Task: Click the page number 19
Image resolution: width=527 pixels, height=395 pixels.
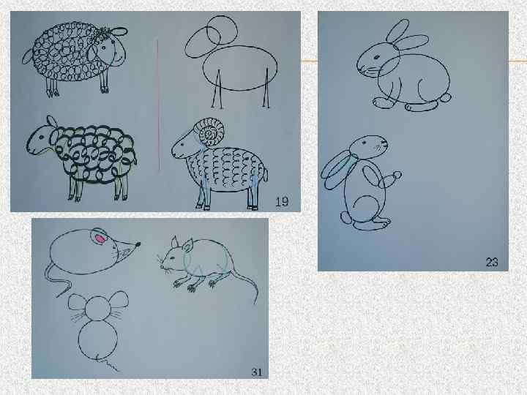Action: (282, 202)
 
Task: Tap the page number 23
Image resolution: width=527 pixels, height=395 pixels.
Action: (492, 262)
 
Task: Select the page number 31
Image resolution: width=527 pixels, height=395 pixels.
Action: (256, 372)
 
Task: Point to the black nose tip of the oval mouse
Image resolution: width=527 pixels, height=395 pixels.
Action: (138, 244)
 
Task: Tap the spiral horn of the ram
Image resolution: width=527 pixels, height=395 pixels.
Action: (212, 132)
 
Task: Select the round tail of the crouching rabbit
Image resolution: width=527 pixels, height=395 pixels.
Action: (445, 98)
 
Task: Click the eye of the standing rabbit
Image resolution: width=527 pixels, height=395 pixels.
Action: (364, 143)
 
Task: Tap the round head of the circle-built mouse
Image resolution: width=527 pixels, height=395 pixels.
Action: (98, 308)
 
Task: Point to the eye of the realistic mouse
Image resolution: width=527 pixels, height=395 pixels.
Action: (173, 257)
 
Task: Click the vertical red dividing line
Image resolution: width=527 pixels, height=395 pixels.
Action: (158, 106)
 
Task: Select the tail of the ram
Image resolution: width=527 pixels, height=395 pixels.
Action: (265, 175)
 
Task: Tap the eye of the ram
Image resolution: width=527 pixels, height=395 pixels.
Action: (182, 145)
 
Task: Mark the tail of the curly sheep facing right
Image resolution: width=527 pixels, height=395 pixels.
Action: (28, 56)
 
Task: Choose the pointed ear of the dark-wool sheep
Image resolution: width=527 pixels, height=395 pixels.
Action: (51, 121)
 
